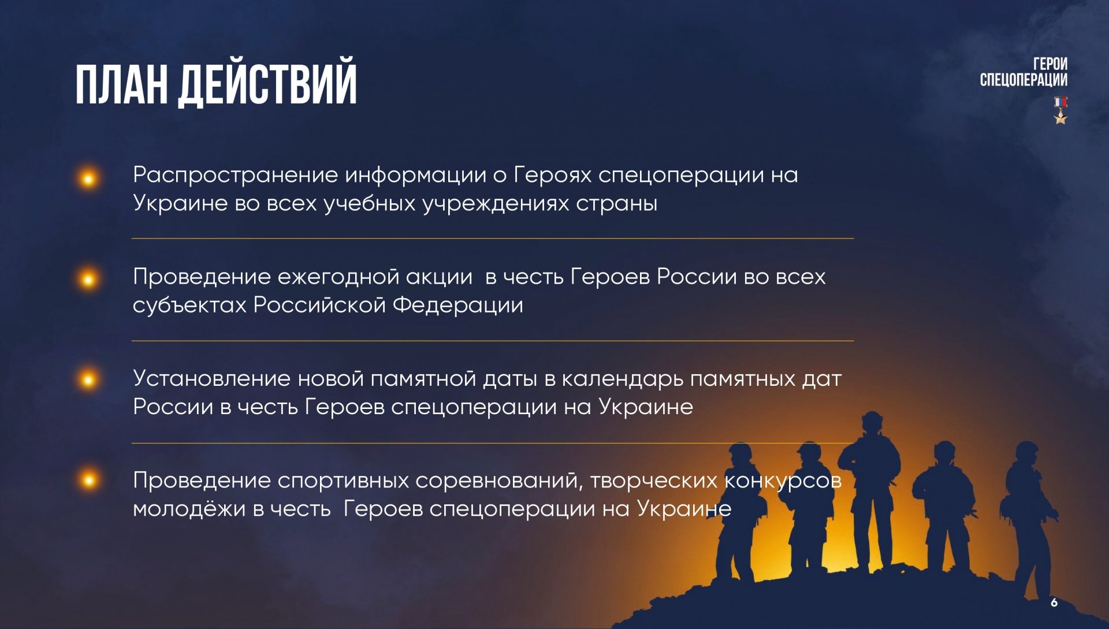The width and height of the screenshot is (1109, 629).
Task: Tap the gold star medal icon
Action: pyautogui.click(x=1060, y=110)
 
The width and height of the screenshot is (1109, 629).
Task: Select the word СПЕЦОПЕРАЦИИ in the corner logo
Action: pyautogui.click(x=1024, y=79)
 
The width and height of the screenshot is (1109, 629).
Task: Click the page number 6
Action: pyautogui.click(x=1054, y=602)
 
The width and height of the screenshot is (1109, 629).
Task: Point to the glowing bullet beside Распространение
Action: pyautogui.click(x=88, y=178)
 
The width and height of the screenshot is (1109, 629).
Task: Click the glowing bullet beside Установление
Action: pyautogui.click(x=88, y=379)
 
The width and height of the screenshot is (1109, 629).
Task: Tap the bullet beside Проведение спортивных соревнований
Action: pyautogui.click(x=88, y=479)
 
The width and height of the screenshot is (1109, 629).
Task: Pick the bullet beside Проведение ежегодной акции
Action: pyautogui.click(x=88, y=280)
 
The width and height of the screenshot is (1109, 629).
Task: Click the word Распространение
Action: pyautogui.click(x=236, y=175)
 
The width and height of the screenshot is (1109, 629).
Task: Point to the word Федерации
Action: pyautogui.click(x=458, y=305)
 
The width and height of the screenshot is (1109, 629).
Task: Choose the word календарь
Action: pyautogui.click(x=623, y=379)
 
